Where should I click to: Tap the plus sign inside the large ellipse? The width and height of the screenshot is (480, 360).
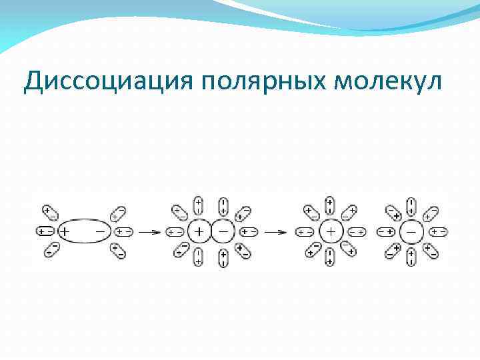point(65,232)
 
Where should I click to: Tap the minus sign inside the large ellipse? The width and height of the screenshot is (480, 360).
point(101,232)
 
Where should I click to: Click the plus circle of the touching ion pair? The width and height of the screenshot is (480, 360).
point(199,232)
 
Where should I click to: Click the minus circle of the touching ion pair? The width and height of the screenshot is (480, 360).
point(223,232)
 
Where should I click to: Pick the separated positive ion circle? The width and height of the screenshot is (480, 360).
point(330,232)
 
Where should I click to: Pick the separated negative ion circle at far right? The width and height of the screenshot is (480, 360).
point(411,232)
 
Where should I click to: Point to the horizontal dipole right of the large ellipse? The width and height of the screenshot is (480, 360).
point(123,232)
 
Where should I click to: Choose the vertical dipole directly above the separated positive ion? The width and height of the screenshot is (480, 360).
point(330,205)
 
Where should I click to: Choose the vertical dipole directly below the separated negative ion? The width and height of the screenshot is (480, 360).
point(411,258)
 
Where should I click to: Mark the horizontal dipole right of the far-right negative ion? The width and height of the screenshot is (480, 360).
point(438,232)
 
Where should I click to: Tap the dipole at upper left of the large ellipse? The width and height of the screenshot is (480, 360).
point(51,213)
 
